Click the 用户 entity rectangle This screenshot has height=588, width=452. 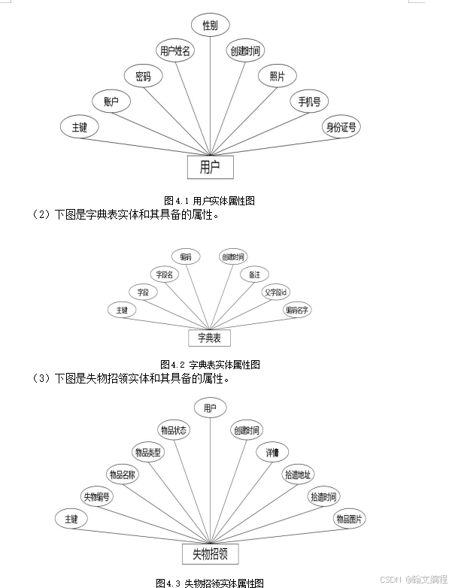pos(210,167)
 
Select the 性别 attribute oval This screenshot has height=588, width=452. pos(210,26)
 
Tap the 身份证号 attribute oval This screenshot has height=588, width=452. pos(341,126)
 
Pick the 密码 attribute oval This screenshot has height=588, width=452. pos(143,75)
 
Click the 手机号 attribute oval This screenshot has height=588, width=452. pos(309,101)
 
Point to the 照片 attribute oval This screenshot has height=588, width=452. pos(277,76)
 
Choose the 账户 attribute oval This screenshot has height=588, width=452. pos(111,101)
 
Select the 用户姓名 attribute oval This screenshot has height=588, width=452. pos(175,51)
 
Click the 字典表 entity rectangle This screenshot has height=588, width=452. pos(209,338)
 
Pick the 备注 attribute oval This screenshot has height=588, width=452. pos(254,274)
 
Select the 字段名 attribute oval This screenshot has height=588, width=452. pos(164,274)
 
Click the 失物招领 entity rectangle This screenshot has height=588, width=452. pos(210,555)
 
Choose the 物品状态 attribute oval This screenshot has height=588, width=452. pos(174,430)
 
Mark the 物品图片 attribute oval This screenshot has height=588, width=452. pos(349,519)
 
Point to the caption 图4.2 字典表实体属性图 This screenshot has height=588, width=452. pos(210,365)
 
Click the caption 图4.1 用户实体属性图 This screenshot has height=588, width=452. pos(210,200)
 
